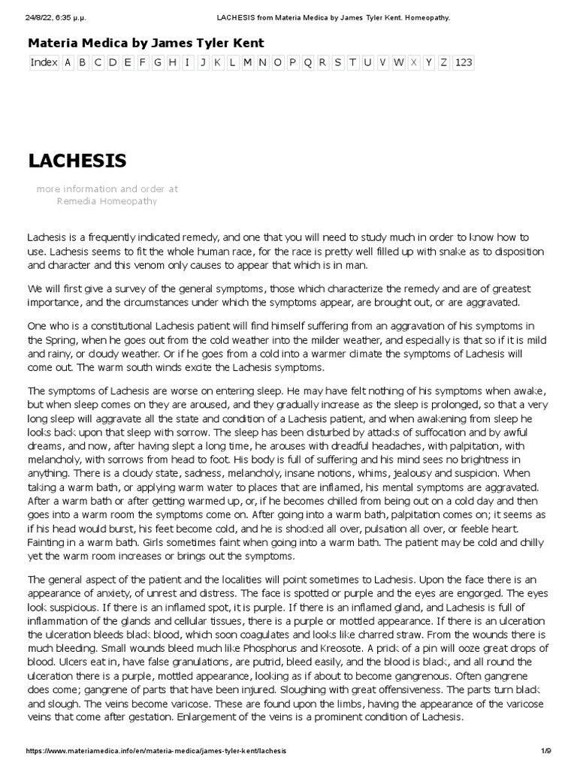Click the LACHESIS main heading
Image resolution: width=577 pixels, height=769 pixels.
(77, 161)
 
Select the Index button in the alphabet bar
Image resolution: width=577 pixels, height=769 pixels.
(44, 62)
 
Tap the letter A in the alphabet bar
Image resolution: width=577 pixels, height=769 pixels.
(68, 62)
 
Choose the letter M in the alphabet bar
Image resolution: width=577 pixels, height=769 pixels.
(247, 62)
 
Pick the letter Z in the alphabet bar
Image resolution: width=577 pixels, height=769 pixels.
(444, 62)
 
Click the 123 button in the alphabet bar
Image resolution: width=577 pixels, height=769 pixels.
(464, 62)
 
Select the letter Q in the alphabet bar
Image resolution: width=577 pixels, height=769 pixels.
(307, 62)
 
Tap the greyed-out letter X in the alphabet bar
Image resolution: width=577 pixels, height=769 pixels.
(414, 62)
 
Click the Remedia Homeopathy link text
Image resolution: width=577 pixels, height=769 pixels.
(107, 201)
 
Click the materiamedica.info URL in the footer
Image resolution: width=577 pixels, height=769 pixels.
(156, 751)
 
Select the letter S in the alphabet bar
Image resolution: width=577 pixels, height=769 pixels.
(337, 62)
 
